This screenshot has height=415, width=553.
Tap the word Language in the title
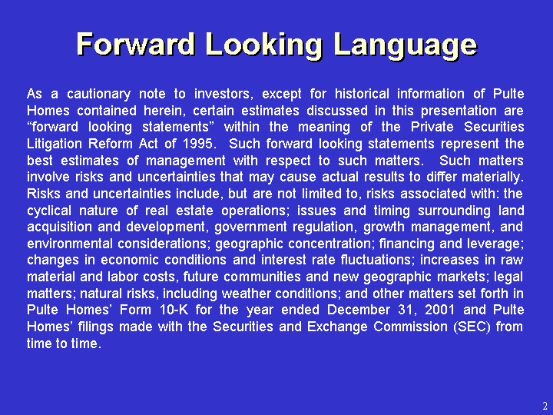[x=406, y=45]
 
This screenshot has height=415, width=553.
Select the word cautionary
[x=99, y=95]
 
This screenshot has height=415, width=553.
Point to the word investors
[x=224, y=95]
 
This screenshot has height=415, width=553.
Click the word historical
[x=362, y=94]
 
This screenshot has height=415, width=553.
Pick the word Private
[x=432, y=127]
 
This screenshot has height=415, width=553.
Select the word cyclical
[x=49, y=211]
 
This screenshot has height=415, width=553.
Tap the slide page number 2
[x=545, y=406]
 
